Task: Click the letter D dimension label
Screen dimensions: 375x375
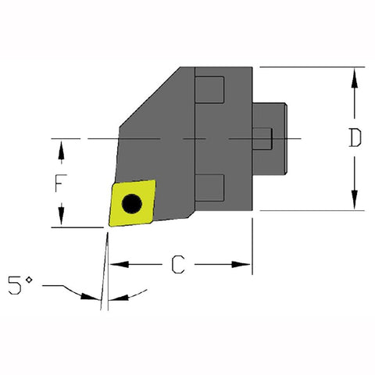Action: coord(355,138)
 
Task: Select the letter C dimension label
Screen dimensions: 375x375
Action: coord(179,266)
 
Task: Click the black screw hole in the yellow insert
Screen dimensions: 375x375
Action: coord(133,204)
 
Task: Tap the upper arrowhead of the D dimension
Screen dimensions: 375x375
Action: coord(355,75)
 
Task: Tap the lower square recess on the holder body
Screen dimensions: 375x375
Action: coord(209,186)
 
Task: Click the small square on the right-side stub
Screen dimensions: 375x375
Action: coord(266,139)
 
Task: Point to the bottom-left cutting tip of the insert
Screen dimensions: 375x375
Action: coord(109,227)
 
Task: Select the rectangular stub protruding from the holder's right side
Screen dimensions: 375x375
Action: coord(275,139)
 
